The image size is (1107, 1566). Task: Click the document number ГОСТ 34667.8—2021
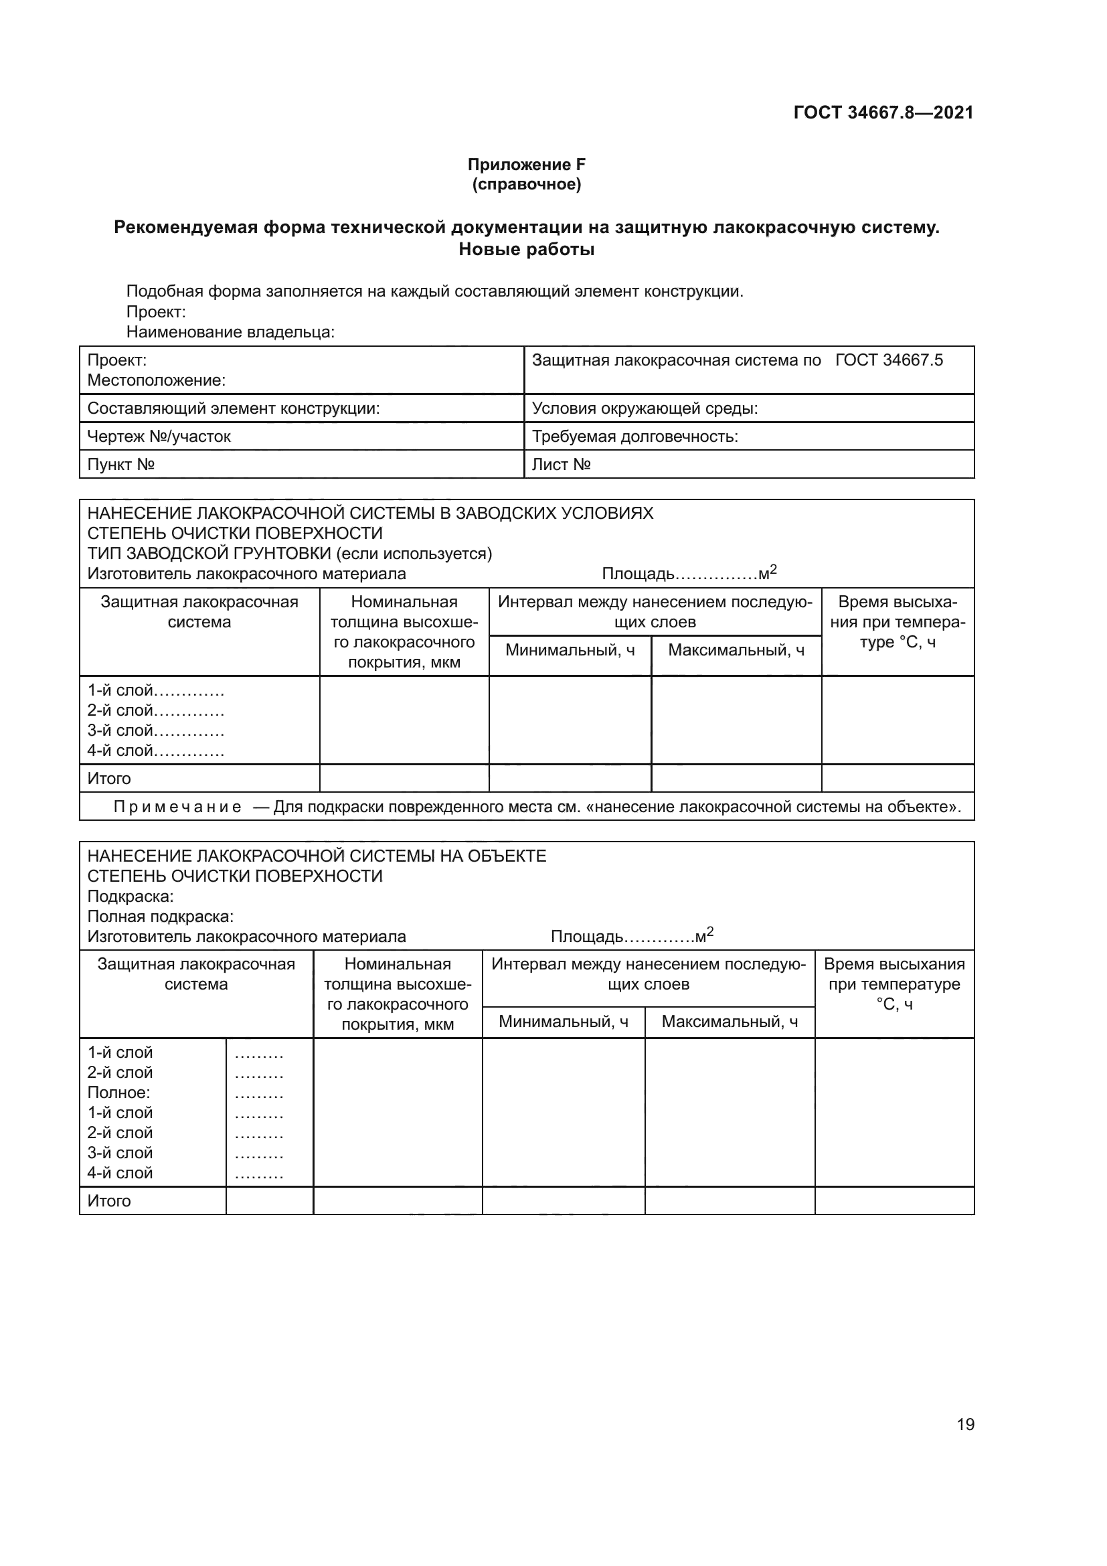(x=883, y=112)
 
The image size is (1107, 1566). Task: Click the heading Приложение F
(x=526, y=165)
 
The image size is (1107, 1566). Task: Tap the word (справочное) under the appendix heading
(x=526, y=184)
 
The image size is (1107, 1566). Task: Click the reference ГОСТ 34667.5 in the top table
(x=889, y=360)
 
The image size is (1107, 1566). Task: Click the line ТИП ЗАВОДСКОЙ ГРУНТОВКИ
(x=290, y=553)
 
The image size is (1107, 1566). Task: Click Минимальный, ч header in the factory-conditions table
(x=570, y=650)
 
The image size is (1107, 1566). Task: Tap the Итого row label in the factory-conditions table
(x=109, y=778)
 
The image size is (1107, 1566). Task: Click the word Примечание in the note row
(x=177, y=807)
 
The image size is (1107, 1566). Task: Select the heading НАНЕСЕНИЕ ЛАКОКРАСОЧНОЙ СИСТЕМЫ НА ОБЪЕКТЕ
(x=317, y=856)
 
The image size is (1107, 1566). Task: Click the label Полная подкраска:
(x=161, y=916)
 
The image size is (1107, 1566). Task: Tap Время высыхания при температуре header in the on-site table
(x=893, y=984)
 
